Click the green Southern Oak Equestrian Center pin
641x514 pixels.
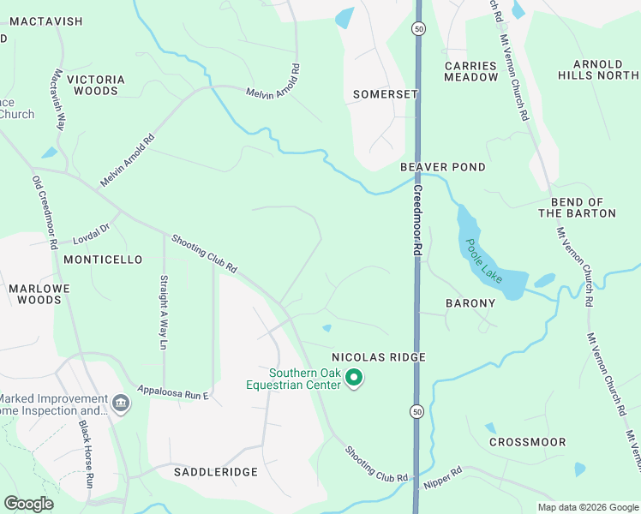(x=353, y=378)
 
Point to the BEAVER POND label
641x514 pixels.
(x=443, y=167)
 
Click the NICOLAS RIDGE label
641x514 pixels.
(x=379, y=356)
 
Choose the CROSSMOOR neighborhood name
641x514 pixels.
(x=527, y=442)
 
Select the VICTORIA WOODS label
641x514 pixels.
(x=99, y=85)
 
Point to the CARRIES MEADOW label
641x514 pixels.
(x=470, y=71)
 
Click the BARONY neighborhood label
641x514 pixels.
(x=470, y=303)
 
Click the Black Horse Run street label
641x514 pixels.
(x=86, y=454)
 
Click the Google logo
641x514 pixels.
(x=29, y=504)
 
